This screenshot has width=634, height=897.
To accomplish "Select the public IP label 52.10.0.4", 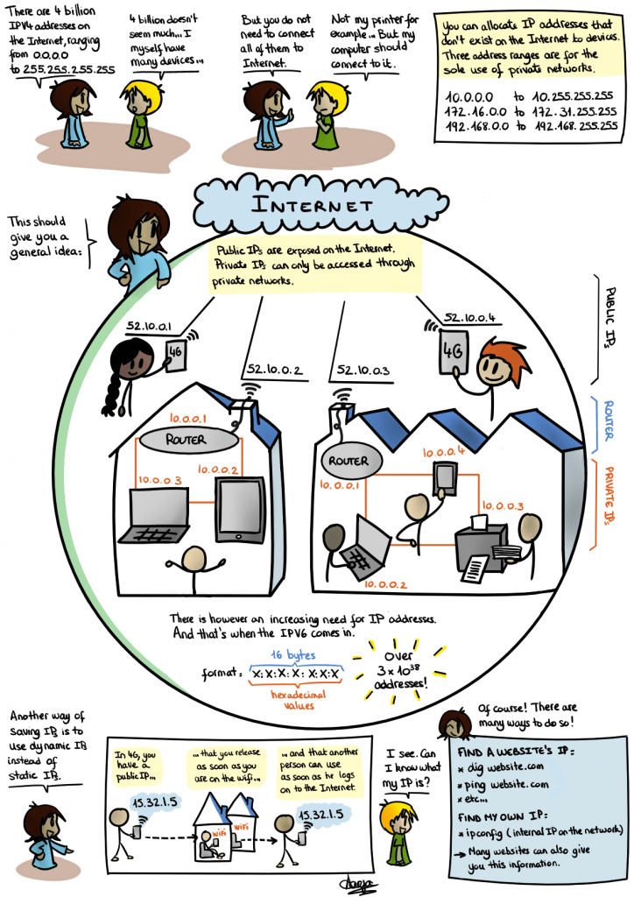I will coord(471,318).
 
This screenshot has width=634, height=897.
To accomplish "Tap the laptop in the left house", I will coord(158,517).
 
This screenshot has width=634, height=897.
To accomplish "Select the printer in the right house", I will coord(484,544).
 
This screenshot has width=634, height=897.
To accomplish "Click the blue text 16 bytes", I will coord(293,654).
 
